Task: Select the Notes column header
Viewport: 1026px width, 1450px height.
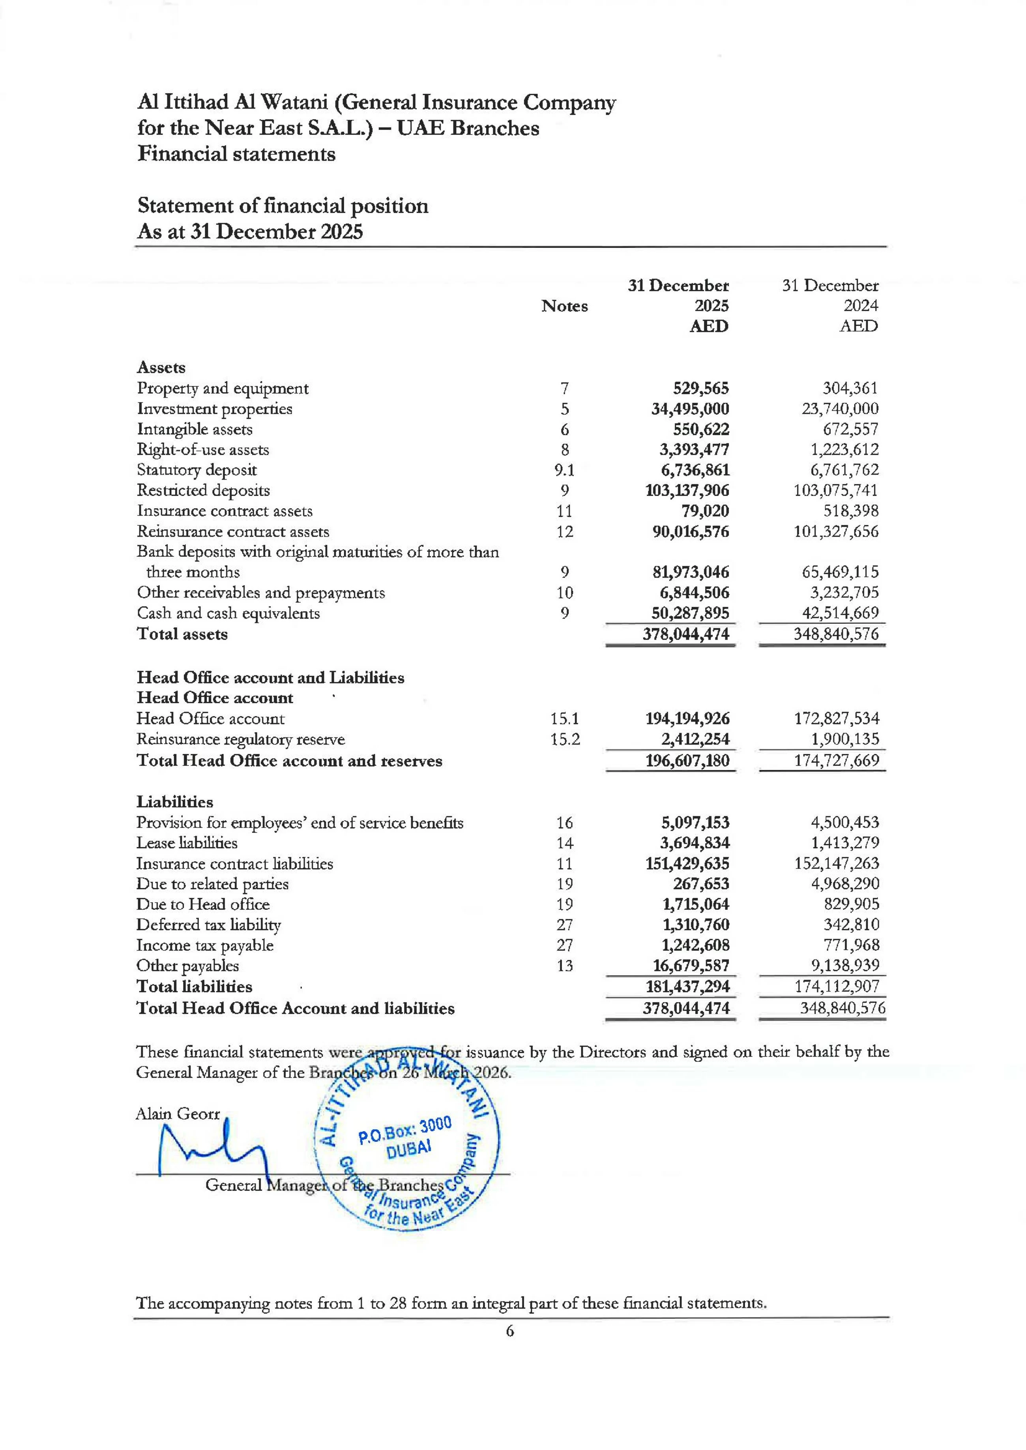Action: [x=564, y=306]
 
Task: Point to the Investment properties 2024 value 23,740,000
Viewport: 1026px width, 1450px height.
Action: [x=840, y=409]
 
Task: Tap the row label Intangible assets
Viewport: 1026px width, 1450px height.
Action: [x=195, y=429]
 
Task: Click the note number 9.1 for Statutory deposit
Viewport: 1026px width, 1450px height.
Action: [x=564, y=470]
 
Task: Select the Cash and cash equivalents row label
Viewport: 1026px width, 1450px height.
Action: [x=228, y=613]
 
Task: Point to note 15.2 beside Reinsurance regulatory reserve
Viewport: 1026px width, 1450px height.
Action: [x=564, y=739]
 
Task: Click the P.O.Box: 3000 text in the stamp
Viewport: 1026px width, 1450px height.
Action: [x=404, y=1131]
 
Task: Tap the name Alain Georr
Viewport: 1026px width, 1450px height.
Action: [x=178, y=1113]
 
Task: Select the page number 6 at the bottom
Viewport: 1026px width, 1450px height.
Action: [x=510, y=1331]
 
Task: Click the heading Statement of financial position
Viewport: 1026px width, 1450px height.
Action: [x=283, y=206]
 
